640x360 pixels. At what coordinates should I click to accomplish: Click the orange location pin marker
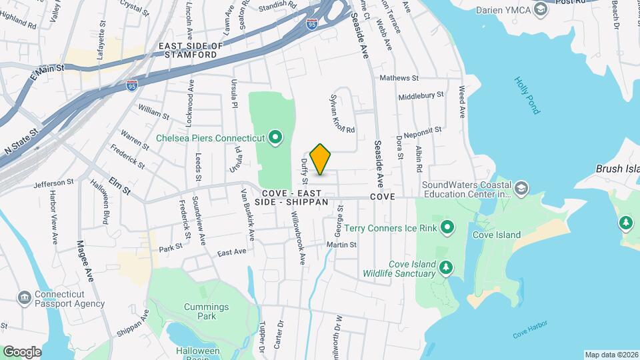(321, 159)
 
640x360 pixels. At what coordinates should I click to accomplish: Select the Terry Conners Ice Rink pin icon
(448, 229)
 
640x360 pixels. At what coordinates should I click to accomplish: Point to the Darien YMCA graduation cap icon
(541, 9)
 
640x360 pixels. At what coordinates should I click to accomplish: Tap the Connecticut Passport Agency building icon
(24, 297)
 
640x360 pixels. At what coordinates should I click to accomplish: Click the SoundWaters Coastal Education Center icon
(522, 189)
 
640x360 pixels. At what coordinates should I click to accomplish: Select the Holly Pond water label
(526, 95)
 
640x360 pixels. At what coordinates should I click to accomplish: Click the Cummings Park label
(207, 311)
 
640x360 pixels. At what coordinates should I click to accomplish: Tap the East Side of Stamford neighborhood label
(189, 50)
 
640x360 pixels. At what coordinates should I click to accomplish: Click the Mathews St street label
(399, 78)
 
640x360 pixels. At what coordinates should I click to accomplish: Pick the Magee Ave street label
(84, 261)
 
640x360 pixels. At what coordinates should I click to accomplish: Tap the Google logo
(22, 351)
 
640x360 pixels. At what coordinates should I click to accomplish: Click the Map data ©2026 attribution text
(611, 355)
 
